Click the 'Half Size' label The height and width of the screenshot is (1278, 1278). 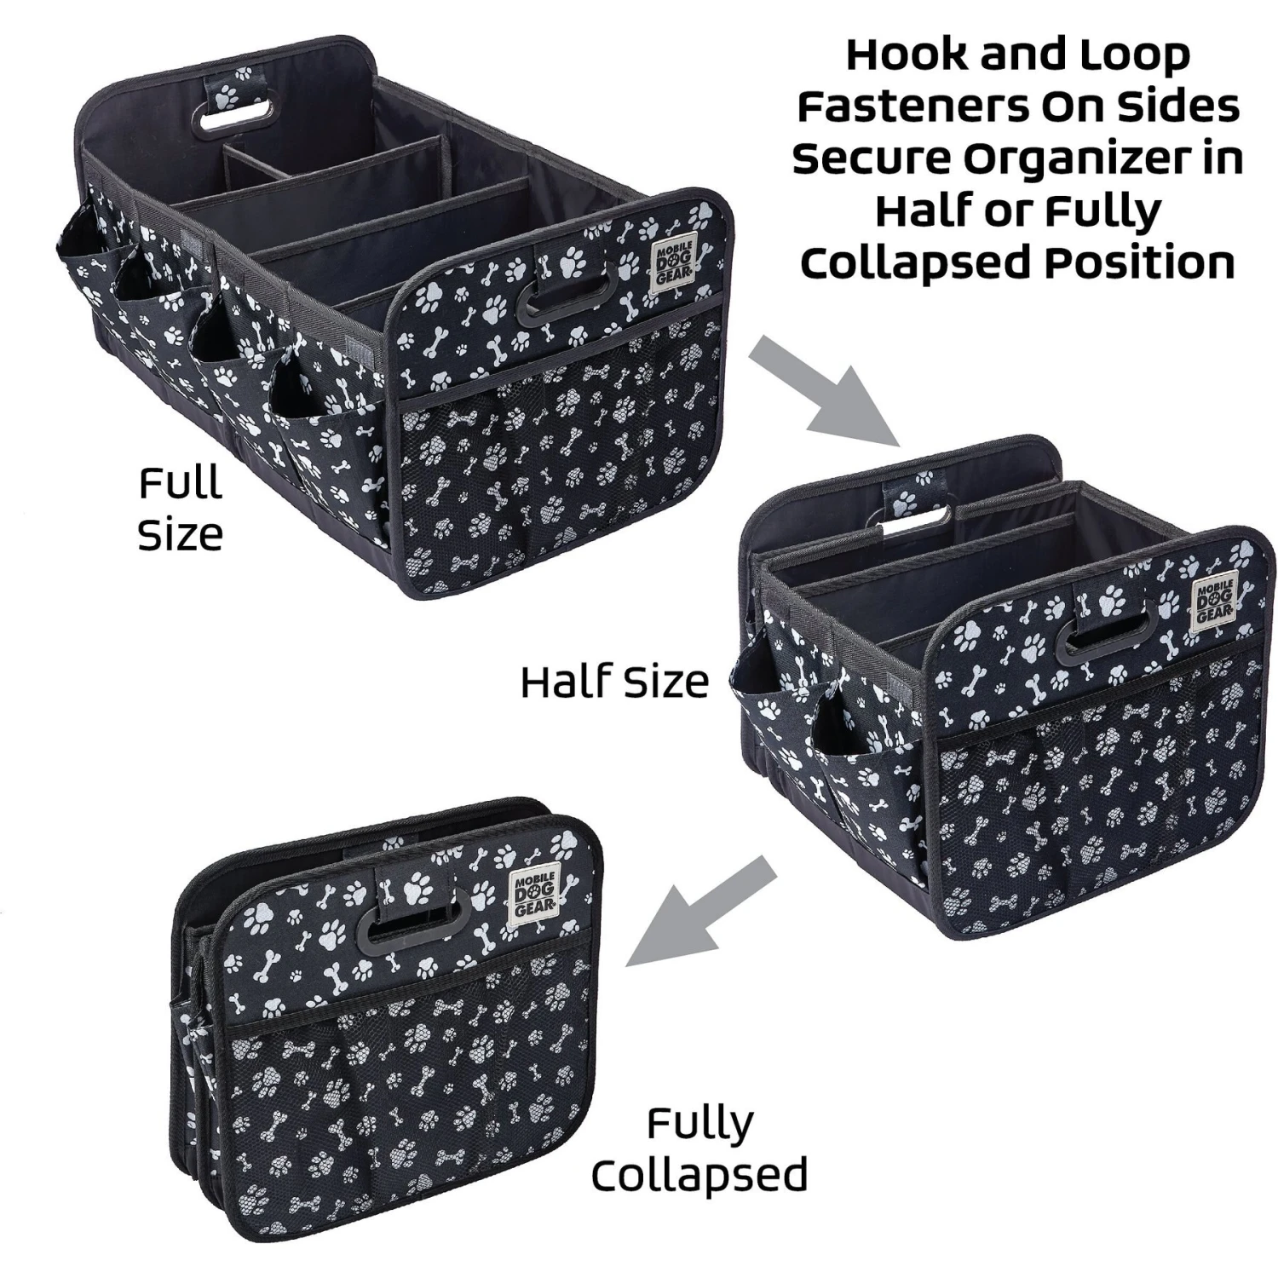tap(614, 682)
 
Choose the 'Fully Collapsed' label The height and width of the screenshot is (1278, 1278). tap(699, 1149)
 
